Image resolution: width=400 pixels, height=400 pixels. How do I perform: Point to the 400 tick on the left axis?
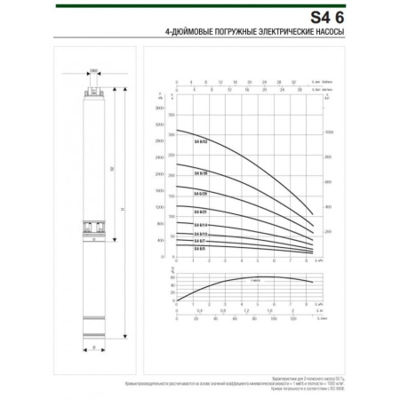click(161, 240)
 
